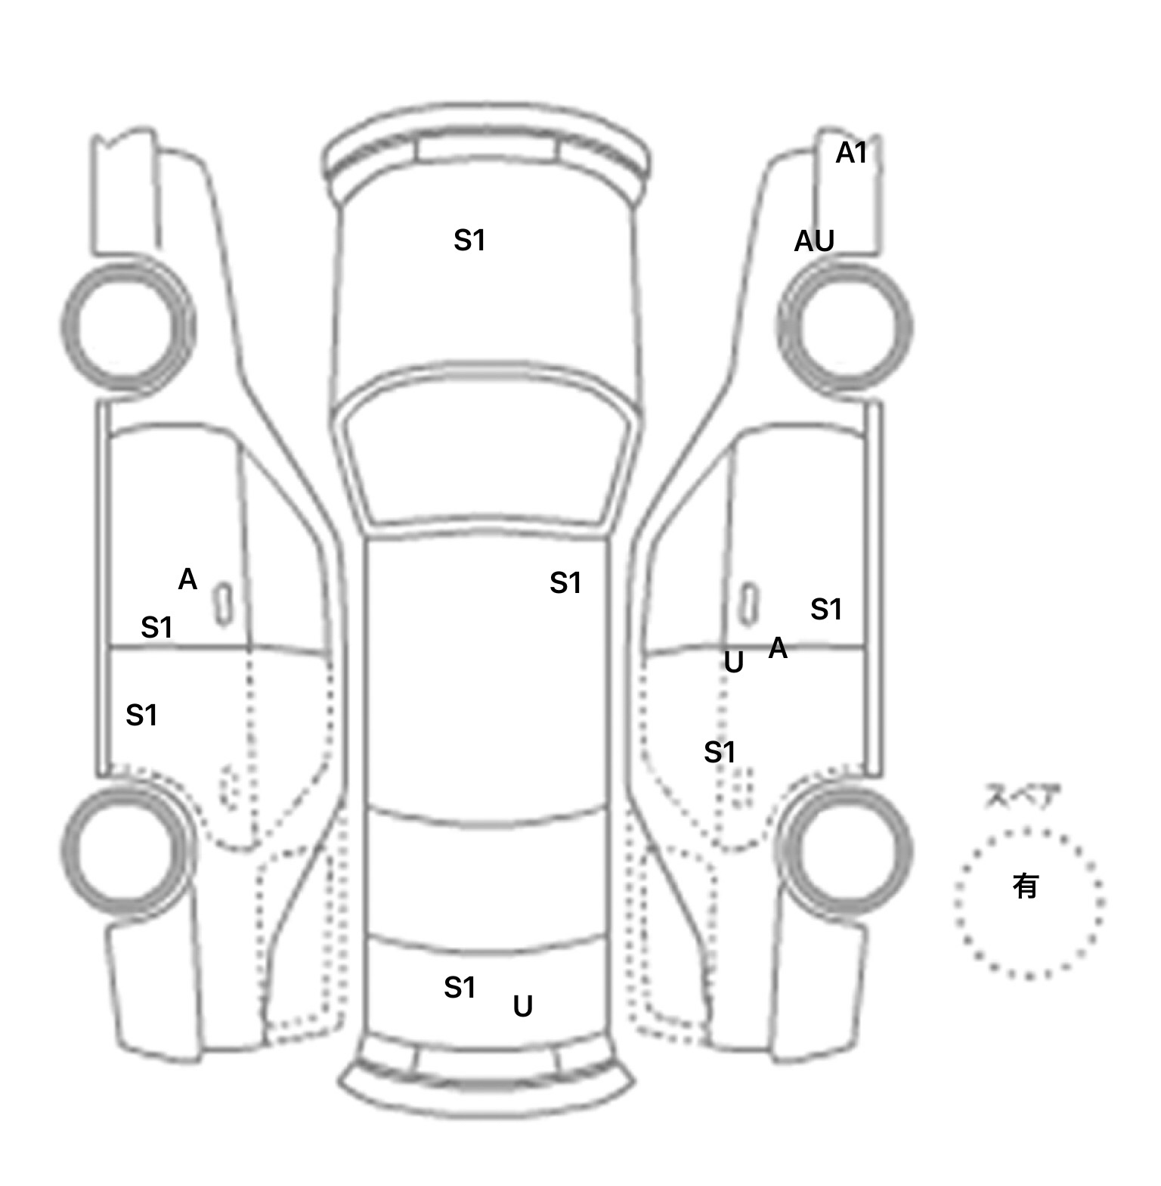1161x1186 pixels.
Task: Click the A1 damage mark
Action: coord(851,154)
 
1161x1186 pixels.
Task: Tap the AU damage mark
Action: coord(814,241)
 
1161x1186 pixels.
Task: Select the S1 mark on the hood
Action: coord(469,241)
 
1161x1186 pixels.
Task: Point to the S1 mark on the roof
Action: coord(565,583)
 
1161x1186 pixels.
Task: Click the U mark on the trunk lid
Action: coord(523,1006)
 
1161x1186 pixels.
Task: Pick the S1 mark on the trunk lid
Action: coord(460,987)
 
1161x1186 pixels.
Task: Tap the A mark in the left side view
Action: coord(187,580)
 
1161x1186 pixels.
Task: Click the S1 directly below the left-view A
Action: coord(156,627)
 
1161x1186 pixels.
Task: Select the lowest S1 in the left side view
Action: coord(141,715)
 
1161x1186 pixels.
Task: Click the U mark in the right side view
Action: coord(733,663)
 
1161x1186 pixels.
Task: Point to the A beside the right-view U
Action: coord(778,648)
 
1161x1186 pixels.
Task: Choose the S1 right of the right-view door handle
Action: coord(826,609)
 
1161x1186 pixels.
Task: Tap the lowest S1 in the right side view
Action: coord(720,752)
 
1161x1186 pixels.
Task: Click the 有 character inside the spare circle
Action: coord(1026,886)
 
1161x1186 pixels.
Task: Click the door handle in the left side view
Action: coord(223,604)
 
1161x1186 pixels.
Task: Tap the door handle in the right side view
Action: coord(748,604)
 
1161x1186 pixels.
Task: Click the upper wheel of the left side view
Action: coord(127,327)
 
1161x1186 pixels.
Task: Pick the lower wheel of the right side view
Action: coord(845,849)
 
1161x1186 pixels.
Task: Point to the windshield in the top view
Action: coord(488,450)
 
